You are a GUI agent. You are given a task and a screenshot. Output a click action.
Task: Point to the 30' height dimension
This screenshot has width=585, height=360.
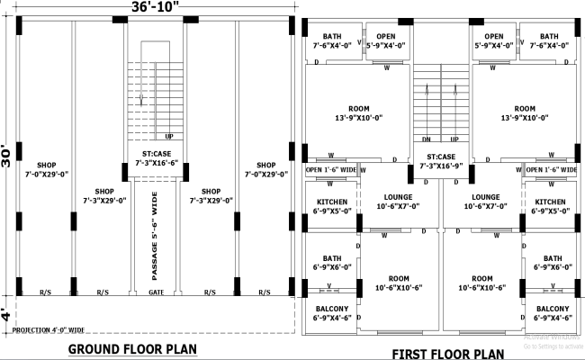click(x=7, y=155)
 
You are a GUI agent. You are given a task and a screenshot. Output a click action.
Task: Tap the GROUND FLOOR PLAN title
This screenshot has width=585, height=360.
click(x=132, y=348)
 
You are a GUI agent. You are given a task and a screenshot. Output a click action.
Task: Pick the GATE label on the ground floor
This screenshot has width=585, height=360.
click(x=156, y=292)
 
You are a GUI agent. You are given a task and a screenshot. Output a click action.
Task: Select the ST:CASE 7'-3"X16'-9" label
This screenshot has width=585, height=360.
click(x=441, y=162)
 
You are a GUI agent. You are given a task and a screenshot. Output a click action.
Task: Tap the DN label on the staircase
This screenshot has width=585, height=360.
click(x=427, y=139)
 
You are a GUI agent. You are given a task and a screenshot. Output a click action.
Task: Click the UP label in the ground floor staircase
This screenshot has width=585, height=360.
click(x=168, y=136)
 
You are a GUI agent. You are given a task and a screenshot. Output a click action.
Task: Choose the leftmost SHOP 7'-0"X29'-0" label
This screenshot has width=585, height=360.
click(x=46, y=170)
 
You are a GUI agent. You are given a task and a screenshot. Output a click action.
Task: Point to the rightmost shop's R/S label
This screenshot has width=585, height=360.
click(x=265, y=292)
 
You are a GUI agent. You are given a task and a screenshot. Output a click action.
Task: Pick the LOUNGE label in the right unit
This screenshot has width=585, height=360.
click(x=484, y=202)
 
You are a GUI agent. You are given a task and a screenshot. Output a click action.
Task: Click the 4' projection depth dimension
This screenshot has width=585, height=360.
click(x=7, y=316)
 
